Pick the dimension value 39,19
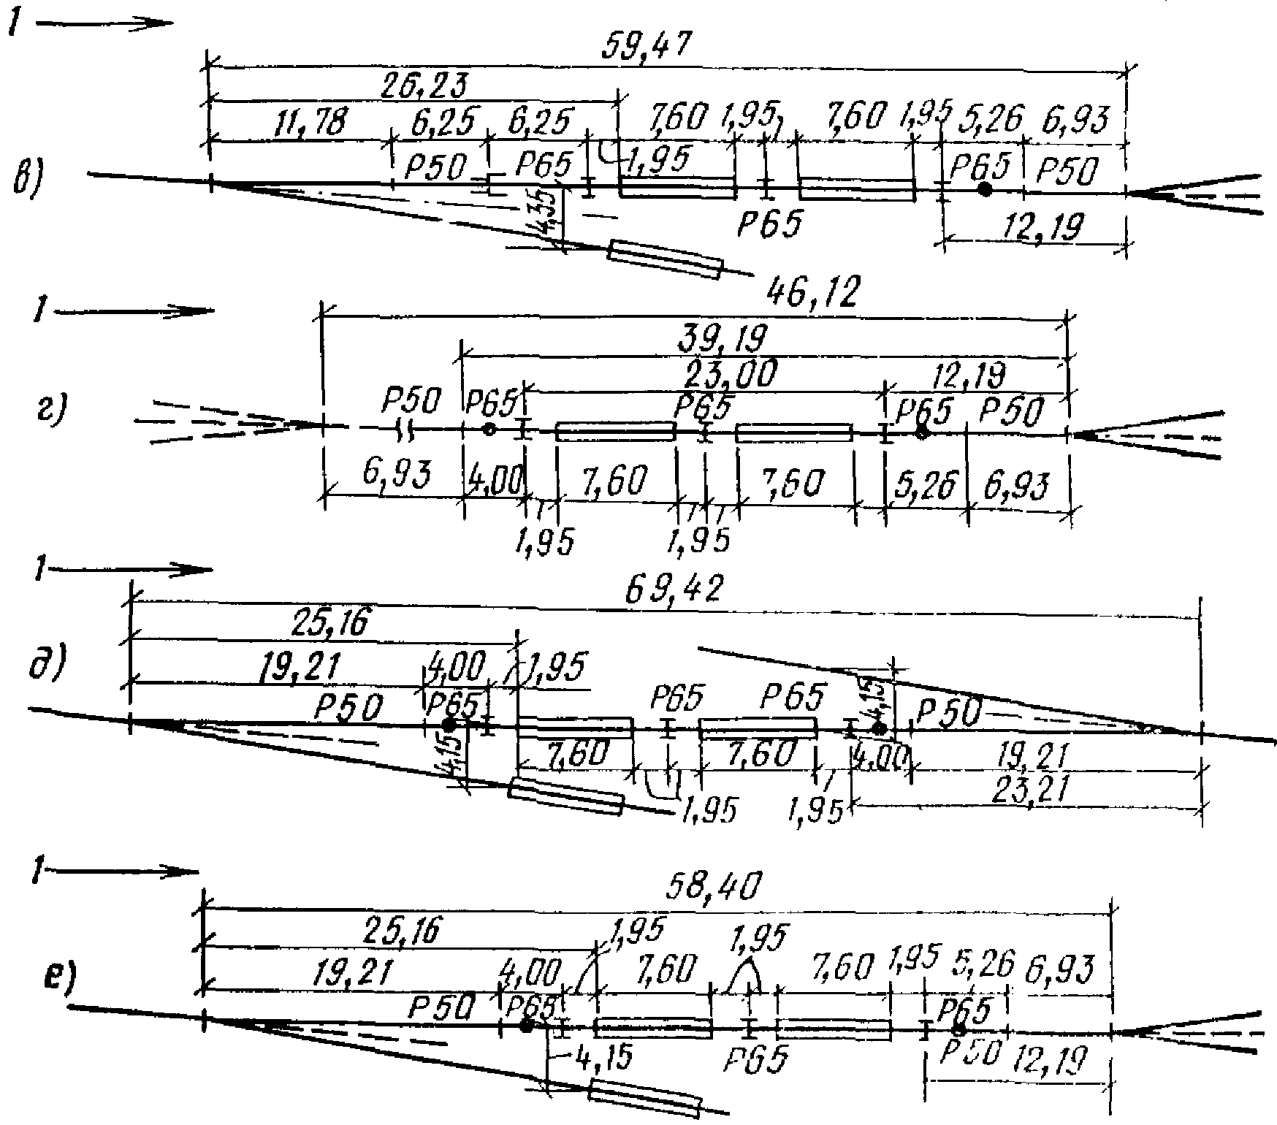(723, 340)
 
